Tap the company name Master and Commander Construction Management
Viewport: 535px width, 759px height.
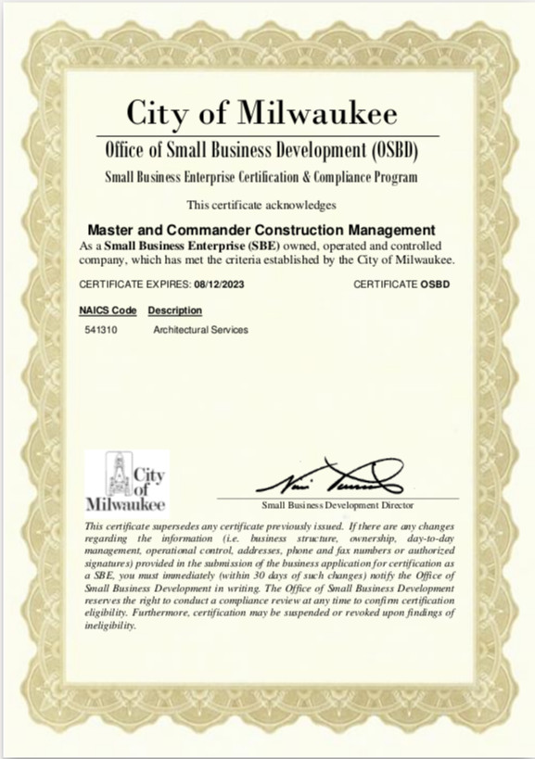click(261, 229)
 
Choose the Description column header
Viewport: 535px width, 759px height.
click(174, 310)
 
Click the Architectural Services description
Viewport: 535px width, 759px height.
click(199, 330)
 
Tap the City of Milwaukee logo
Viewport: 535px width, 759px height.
click(125, 481)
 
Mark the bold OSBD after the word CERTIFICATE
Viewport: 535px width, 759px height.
click(435, 284)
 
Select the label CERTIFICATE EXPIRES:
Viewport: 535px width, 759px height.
click(134, 284)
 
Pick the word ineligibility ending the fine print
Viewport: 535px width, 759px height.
click(109, 626)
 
